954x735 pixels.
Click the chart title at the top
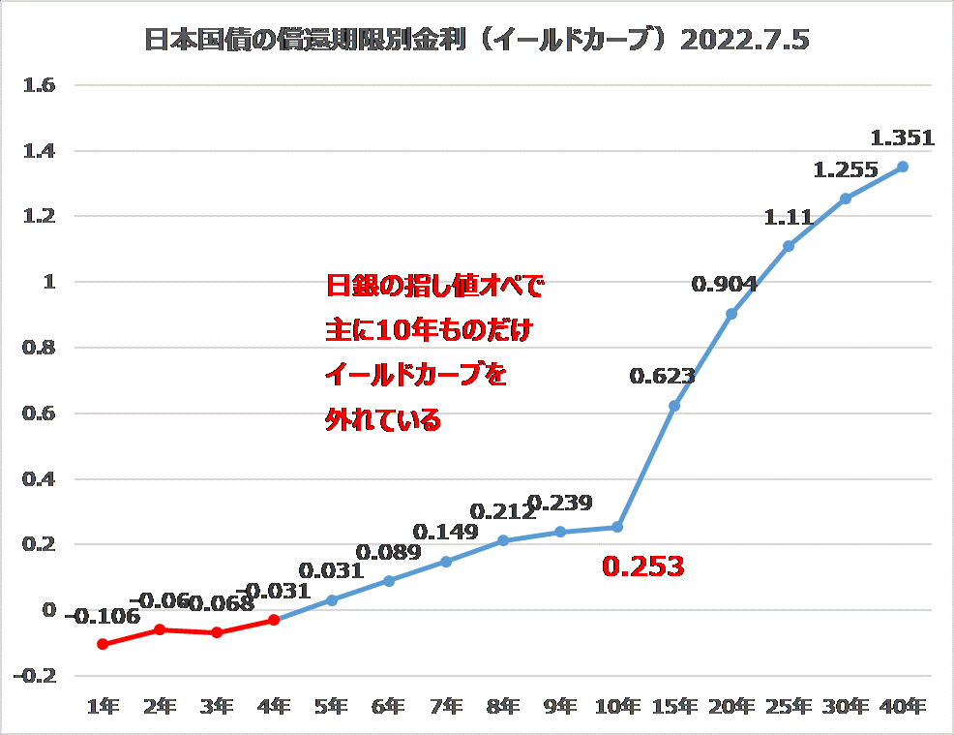(x=476, y=41)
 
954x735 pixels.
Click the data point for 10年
(x=617, y=527)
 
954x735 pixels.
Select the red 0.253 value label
(x=643, y=567)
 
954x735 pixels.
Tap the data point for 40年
(x=903, y=167)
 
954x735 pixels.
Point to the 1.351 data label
(x=903, y=138)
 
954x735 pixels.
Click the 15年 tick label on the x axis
(x=674, y=706)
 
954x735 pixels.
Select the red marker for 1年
(x=103, y=644)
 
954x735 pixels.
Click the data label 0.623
(x=662, y=377)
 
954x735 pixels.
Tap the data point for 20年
(x=731, y=314)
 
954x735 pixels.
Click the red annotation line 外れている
(x=383, y=420)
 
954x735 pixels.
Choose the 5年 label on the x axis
(x=331, y=706)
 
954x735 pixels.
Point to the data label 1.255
(x=846, y=170)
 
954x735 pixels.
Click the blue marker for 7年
(x=446, y=562)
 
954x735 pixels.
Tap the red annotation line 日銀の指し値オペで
(x=435, y=287)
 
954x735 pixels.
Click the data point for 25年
(x=789, y=246)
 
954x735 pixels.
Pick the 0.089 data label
(x=389, y=553)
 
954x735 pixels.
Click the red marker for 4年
(x=274, y=620)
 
